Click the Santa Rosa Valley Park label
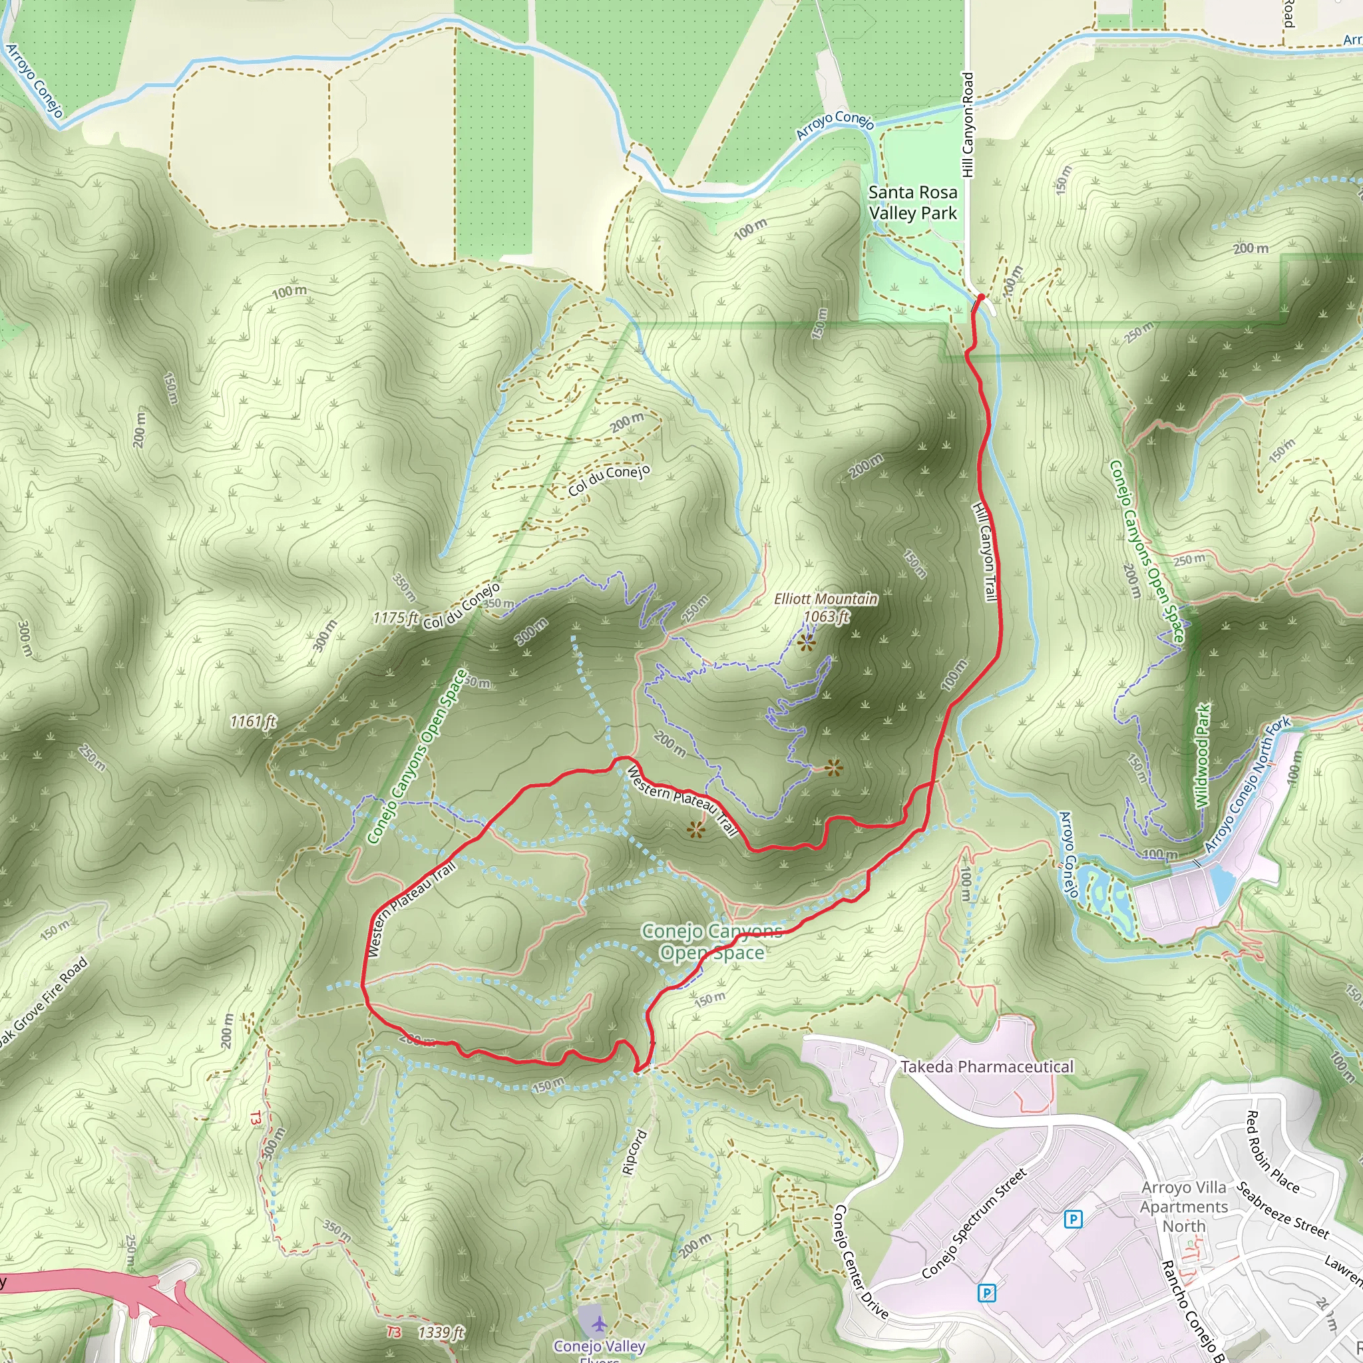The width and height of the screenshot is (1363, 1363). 913,202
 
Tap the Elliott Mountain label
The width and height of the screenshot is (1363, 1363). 825,599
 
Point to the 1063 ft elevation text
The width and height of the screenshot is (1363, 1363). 827,616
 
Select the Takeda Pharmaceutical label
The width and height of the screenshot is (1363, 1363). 987,1067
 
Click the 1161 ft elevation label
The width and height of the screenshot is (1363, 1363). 252,721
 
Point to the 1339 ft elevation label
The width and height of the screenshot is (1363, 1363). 441,1332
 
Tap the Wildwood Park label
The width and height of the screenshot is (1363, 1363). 1203,755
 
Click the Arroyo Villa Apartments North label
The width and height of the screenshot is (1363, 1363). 1184,1207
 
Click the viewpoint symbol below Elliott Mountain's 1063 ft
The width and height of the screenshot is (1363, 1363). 807,642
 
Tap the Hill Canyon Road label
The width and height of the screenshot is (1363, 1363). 967,125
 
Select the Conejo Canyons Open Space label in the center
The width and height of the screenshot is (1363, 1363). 712,942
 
